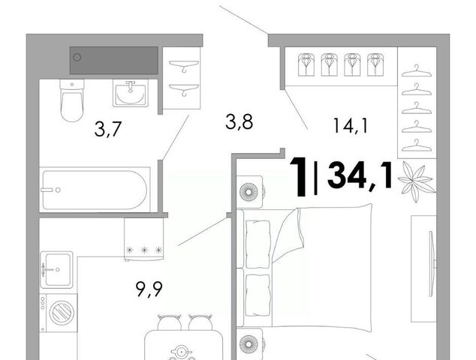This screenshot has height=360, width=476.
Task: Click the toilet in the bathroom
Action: (x=72, y=100)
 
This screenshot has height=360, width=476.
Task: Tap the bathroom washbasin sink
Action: (x=131, y=94)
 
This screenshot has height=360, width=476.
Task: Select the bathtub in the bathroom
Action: (x=95, y=190)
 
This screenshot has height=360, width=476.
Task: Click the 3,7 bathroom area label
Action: (x=108, y=129)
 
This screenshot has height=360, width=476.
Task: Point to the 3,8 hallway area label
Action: (x=240, y=122)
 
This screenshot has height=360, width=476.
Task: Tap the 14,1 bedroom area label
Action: (x=351, y=125)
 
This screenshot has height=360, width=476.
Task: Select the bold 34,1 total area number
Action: (x=360, y=175)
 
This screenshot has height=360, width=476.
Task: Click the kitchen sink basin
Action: (x=58, y=269)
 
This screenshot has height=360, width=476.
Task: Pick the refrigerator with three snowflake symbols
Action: (x=143, y=239)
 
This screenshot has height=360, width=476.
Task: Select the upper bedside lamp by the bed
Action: (x=249, y=192)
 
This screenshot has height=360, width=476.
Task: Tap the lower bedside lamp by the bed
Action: (x=249, y=344)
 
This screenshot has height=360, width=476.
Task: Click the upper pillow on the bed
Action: (x=258, y=244)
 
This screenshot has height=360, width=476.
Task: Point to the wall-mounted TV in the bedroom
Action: (x=431, y=264)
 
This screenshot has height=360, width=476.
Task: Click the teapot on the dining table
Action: (x=182, y=352)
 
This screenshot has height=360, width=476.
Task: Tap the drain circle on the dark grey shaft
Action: (x=77, y=57)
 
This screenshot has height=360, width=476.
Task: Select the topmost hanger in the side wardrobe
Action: (x=416, y=71)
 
